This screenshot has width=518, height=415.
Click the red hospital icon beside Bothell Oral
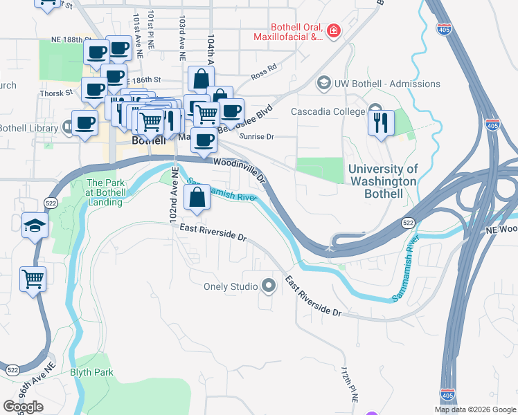334,31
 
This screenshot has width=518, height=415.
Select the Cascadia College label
328,111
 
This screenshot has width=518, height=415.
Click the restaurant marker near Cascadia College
380,122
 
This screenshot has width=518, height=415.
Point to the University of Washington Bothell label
383,181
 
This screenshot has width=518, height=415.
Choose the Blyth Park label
91,372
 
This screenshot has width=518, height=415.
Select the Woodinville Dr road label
240,169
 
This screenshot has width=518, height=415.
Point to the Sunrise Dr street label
257,136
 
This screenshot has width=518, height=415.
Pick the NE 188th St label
65,41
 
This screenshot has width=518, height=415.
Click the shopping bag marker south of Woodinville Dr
197,198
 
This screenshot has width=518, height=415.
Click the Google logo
23,407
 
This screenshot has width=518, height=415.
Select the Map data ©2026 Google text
474,409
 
